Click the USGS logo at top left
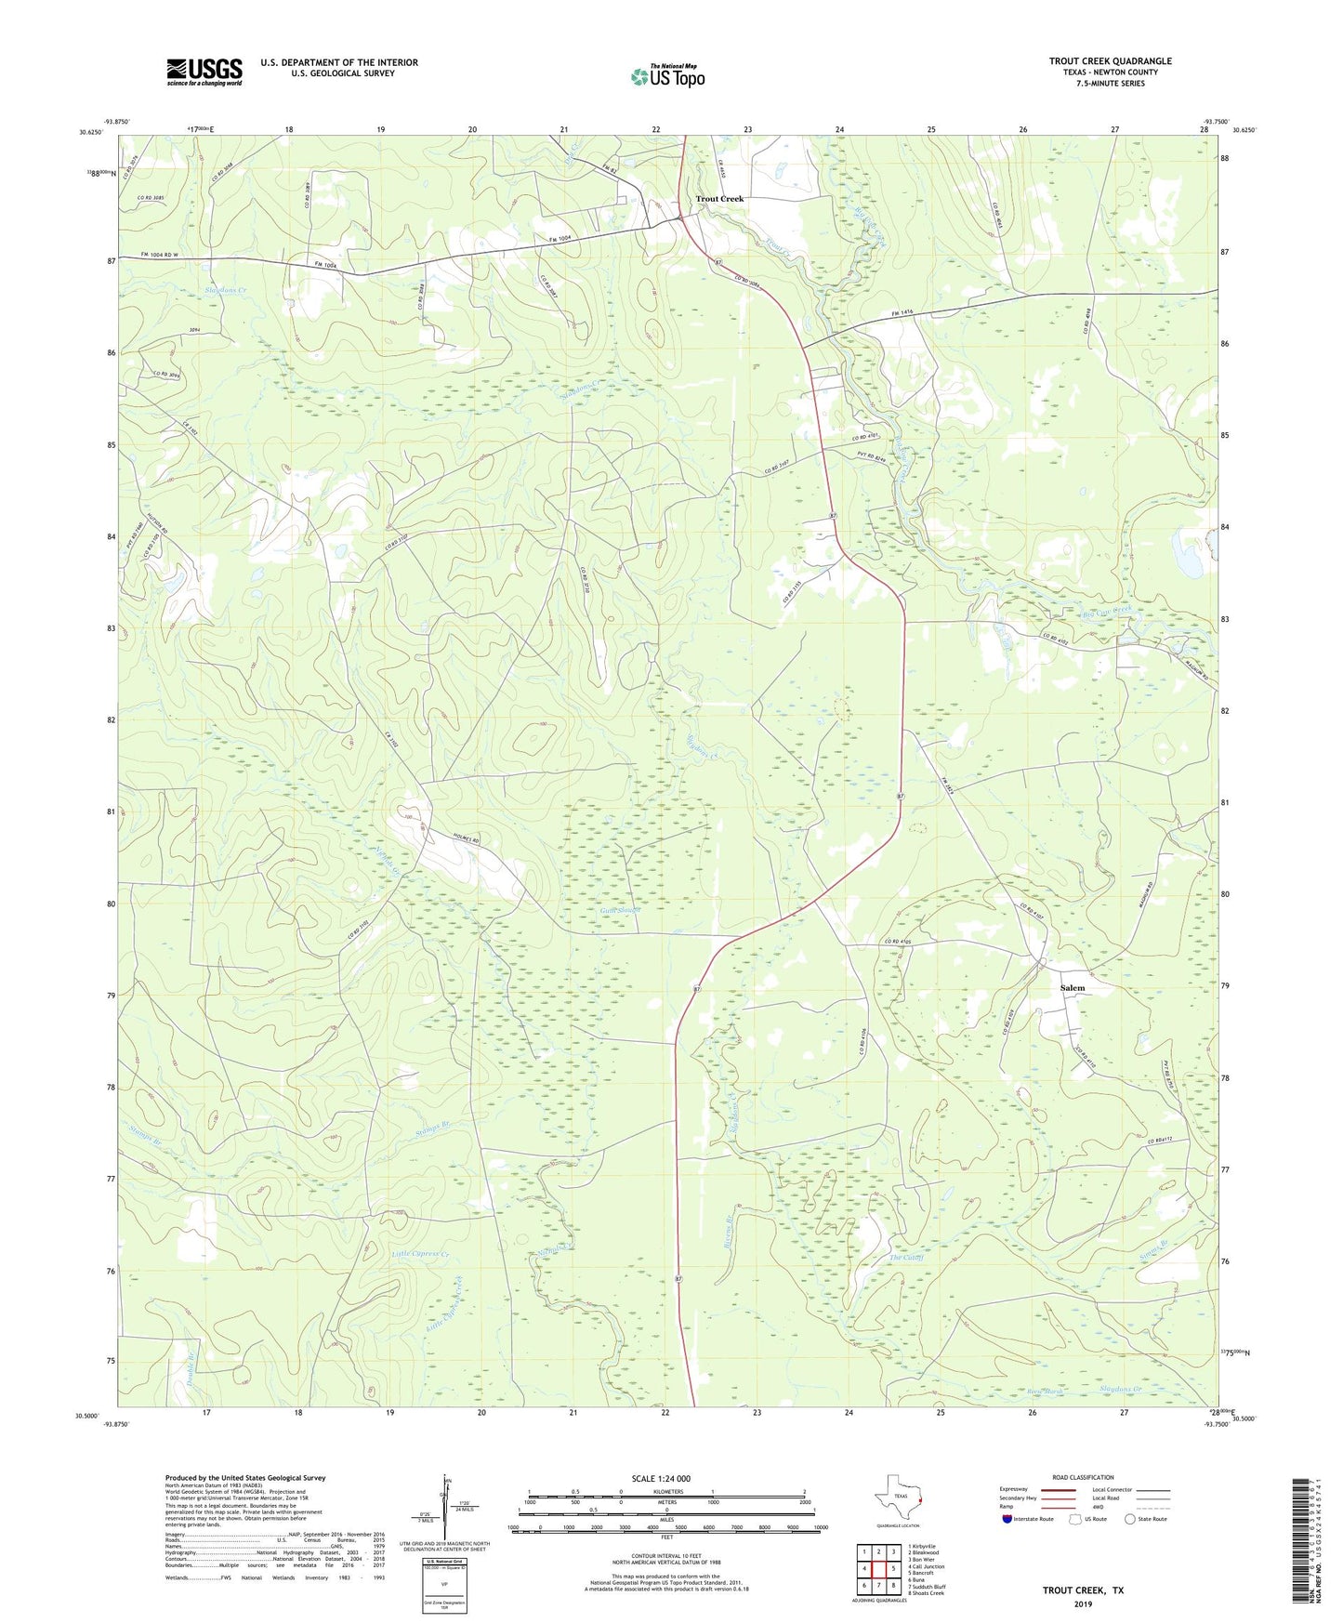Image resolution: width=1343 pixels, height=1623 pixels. pos(204,72)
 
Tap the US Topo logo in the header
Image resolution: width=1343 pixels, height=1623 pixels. pos(666,76)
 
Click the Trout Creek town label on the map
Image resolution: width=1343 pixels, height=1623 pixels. pos(719,199)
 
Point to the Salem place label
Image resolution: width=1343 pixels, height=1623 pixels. pos(1072,988)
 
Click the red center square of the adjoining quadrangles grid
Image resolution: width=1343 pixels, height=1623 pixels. pos(878,1569)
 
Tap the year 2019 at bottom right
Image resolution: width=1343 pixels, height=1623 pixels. pos(1083,1603)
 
